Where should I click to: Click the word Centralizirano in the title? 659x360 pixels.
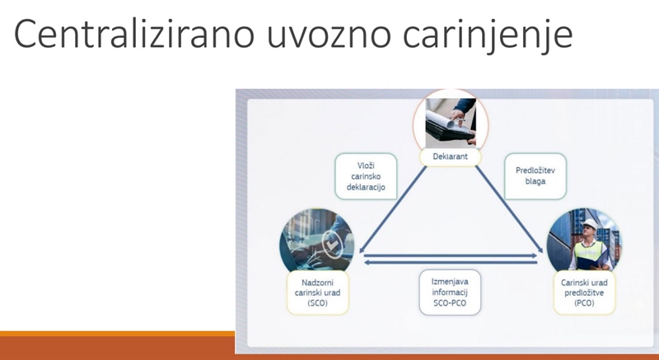[134, 33]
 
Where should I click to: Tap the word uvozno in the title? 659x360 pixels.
[329, 36]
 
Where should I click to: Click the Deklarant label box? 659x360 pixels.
[450, 157]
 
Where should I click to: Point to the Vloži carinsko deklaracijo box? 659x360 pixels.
[366, 176]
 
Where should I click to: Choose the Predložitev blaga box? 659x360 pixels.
[535, 176]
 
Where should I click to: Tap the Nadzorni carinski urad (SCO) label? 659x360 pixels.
[318, 292]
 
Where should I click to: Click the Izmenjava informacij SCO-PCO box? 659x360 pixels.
[450, 292]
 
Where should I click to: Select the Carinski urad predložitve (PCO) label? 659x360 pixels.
[584, 292]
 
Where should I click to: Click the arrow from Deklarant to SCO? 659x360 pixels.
[393, 208]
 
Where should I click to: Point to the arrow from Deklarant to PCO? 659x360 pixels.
[509, 208]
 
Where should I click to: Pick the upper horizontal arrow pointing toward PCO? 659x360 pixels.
[451, 255]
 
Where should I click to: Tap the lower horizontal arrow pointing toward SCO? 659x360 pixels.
[451, 263]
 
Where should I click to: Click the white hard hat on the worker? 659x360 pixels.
[590, 223]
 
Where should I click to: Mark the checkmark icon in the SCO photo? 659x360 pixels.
[332, 244]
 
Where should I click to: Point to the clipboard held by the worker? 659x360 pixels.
[588, 264]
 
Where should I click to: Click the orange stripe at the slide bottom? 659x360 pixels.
[117, 334]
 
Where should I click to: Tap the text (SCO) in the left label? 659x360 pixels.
[317, 303]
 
